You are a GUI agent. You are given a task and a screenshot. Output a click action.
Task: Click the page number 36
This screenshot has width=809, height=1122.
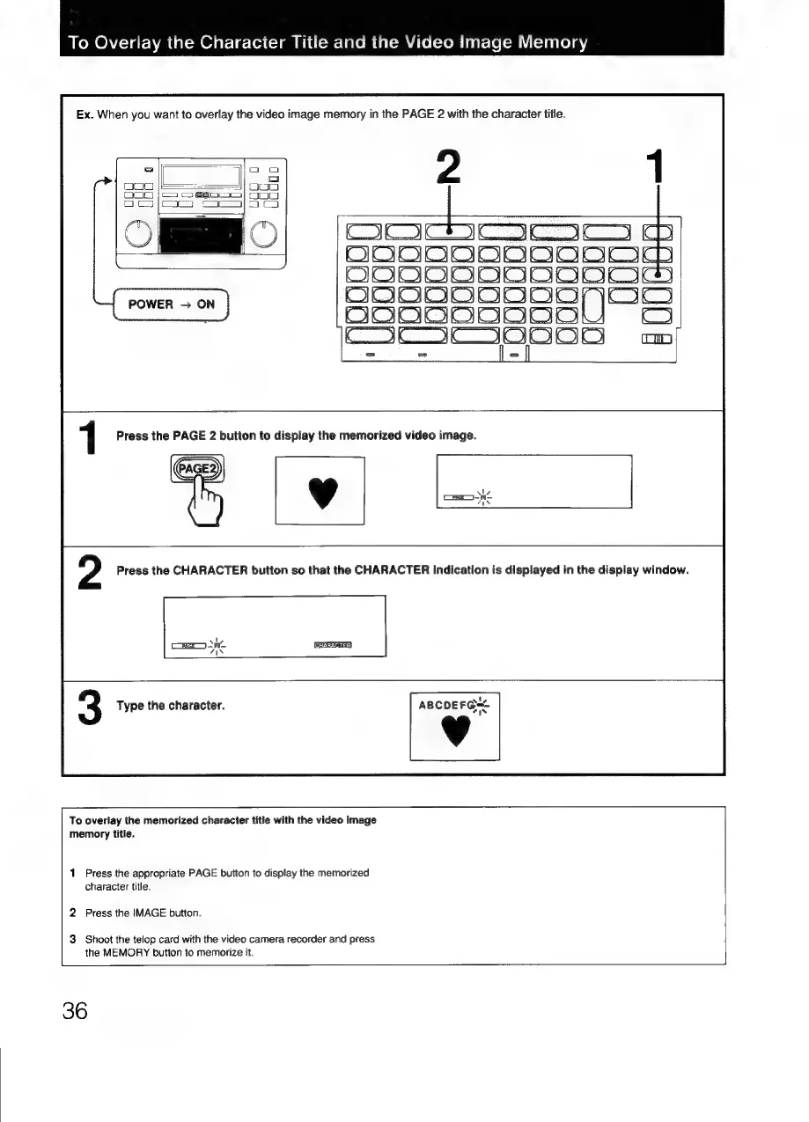(75, 1011)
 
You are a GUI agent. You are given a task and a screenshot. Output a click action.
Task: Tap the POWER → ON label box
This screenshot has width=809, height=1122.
(173, 304)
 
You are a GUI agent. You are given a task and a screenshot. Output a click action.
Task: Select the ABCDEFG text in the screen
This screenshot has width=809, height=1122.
(448, 704)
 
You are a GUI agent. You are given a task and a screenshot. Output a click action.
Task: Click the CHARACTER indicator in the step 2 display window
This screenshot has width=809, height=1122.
(333, 644)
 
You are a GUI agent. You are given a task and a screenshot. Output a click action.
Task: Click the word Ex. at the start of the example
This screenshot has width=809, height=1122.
(85, 114)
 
